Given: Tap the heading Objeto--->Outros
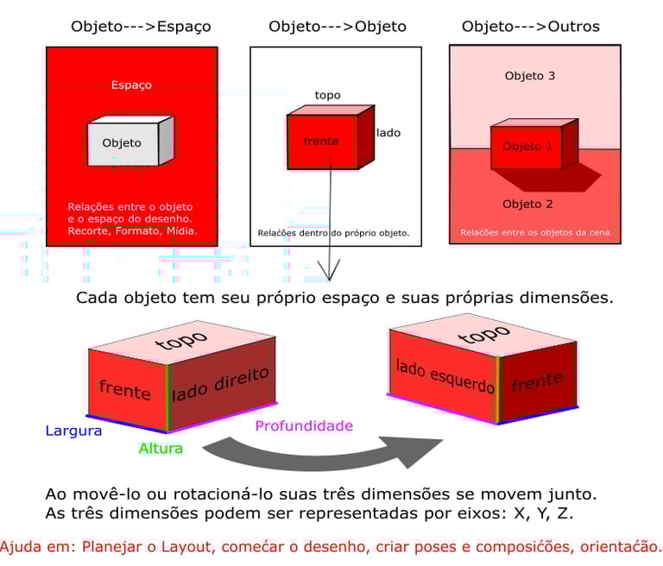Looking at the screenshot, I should pos(531,26).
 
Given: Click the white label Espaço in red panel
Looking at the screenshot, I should pos(131,85).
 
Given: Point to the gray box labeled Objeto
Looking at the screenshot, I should pos(123,143).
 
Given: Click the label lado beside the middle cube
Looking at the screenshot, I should pos(388,133).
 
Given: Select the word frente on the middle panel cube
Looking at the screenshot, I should pos(321,141).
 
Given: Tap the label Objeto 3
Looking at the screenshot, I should pos(529,76).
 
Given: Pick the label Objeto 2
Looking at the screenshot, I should pos(527,204).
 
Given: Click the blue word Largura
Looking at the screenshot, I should pos(73,430).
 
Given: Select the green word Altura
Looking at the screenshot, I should pos(161,449).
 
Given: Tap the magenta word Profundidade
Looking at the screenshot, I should pos(304,425).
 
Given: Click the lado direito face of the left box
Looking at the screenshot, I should pos(221,386).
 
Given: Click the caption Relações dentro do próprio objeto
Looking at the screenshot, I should pos(333,233).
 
